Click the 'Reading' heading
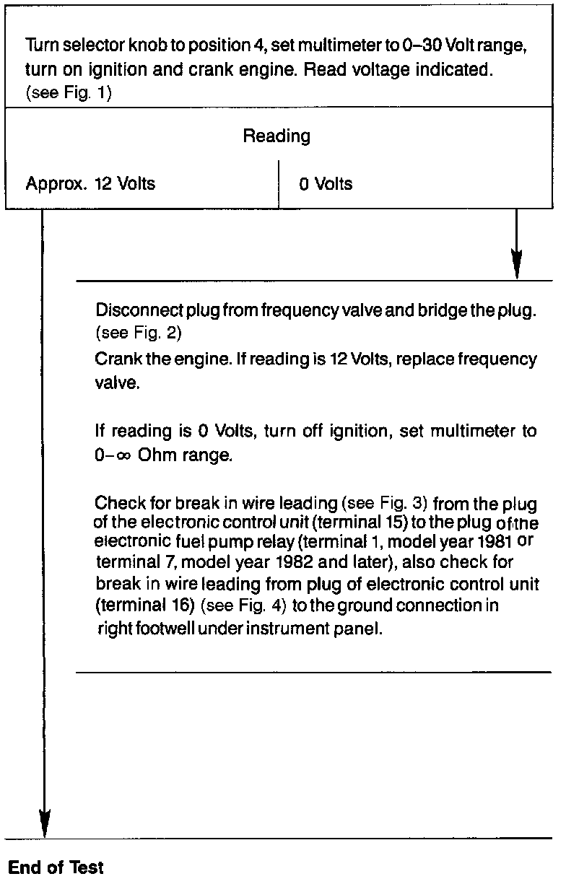pyautogui.click(x=277, y=136)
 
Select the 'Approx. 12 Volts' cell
pyautogui.click(x=90, y=183)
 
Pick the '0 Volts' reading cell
pyautogui.click(x=326, y=184)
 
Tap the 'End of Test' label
pyautogui.click(x=56, y=867)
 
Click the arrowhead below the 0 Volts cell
pyautogui.click(x=516, y=263)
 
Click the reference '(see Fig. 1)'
pyautogui.click(x=69, y=94)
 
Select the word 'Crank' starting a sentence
pyautogui.click(x=115, y=359)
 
